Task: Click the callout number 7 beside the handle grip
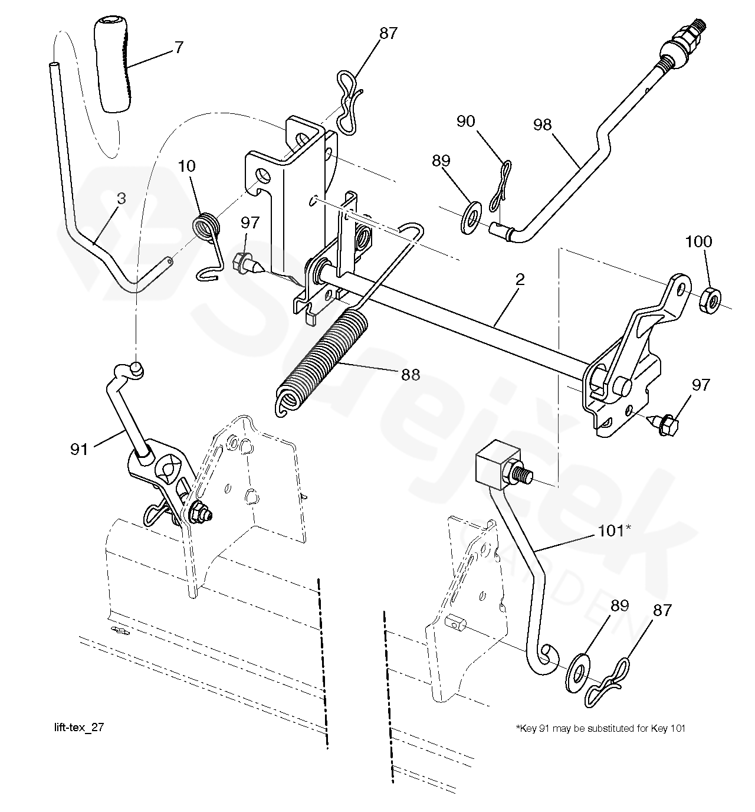[179, 48]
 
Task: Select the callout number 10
[187, 166]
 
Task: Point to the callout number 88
[411, 375]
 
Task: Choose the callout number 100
[698, 241]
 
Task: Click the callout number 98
[542, 125]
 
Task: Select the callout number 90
[465, 122]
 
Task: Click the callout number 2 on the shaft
[520, 280]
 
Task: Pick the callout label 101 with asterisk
[615, 531]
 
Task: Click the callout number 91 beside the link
[79, 450]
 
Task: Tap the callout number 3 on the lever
[122, 199]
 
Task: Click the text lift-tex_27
[79, 728]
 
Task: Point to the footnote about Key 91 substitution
[601, 728]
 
